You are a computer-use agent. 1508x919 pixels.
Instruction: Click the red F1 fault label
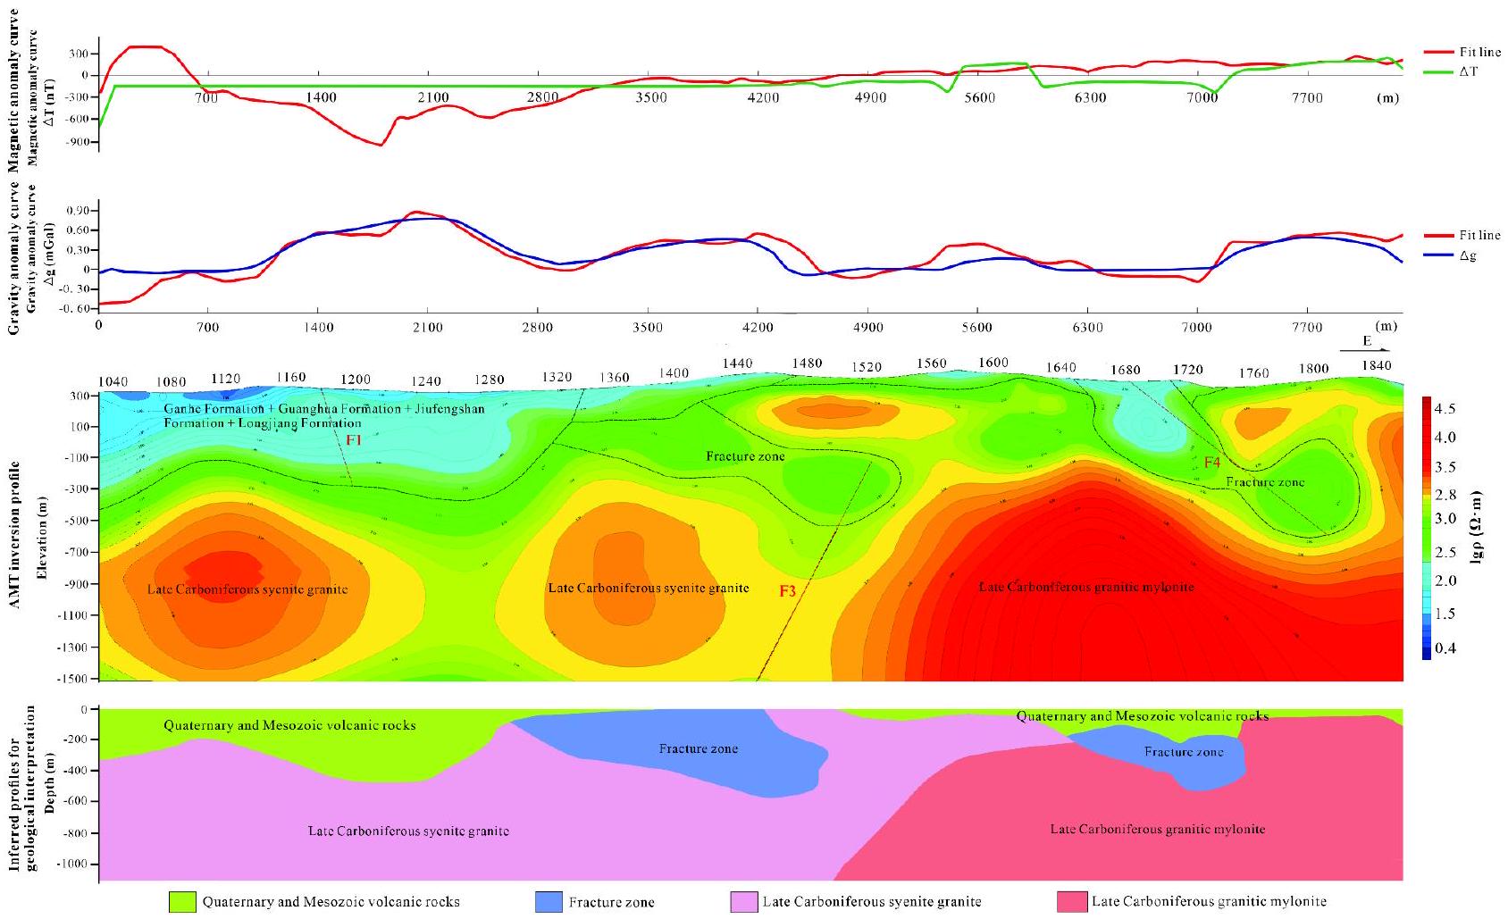(x=355, y=440)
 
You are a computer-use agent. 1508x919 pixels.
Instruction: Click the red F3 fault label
(x=787, y=590)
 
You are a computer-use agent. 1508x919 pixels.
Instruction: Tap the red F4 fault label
(x=1211, y=463)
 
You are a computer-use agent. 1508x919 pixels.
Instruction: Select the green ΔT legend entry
(x=1468, y=71)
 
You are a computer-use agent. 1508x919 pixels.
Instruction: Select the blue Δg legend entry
(x=1468, y=256)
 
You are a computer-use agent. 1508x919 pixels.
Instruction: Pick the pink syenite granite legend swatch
(x=744, y=902)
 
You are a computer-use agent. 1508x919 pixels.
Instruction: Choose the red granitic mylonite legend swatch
(x=1071, y=902)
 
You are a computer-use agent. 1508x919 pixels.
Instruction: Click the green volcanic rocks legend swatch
(x=182, y=902)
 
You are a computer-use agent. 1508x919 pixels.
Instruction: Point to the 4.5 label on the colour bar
(x=1445, y=409)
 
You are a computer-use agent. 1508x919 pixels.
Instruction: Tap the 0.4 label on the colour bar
(x=1445, y=648)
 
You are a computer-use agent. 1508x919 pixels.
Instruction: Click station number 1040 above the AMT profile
(x=113, y=382)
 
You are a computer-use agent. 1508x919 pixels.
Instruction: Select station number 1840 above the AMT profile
(x=1377, y=365)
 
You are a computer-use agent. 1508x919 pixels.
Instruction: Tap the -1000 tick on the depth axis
(x=73, y=865)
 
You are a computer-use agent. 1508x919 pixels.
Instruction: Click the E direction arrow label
(x=1366, y=342)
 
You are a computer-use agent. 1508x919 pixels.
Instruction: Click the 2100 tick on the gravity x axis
(x=427, y=328)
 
